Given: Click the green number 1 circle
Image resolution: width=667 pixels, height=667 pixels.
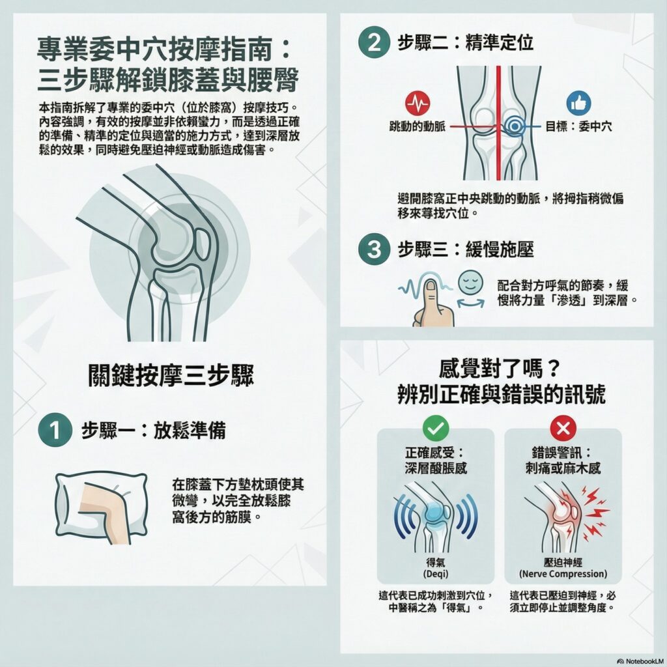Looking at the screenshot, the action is [x=55, y=430].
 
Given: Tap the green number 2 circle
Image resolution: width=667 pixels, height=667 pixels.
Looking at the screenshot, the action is [x=374, y=42].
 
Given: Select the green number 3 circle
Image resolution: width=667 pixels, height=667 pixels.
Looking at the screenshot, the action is [x=374, y=249].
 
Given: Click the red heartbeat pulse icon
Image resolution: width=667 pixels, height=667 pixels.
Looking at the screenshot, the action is [x=418, y=103].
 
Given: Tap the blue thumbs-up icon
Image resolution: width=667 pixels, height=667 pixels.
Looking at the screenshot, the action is [x=578, y=103].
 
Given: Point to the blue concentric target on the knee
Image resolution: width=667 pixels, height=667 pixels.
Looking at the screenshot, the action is [x=515, y=126].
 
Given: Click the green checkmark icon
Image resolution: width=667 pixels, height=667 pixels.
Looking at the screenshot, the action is [x=436, y=428].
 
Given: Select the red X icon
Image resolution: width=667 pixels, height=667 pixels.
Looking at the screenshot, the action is [x=563, y=428].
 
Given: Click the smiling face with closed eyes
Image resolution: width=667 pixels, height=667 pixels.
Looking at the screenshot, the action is [x=470, y=283].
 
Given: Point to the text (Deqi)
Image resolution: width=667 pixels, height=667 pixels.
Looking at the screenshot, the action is [x=436, y=574].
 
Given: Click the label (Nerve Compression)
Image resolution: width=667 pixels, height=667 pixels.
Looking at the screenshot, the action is [x=563, y=574].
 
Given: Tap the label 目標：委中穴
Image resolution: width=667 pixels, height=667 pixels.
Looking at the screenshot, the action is [x=578, y=126].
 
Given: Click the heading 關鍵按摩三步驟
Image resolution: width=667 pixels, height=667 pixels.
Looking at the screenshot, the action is [x=171, y=375].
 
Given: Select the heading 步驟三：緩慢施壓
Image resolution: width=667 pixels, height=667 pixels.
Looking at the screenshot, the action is [x=465, y=249].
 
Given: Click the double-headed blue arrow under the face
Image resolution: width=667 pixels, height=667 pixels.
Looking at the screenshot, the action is [x=470, y=303].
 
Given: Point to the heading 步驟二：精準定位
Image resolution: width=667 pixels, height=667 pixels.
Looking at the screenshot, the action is [x=465, y=42].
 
